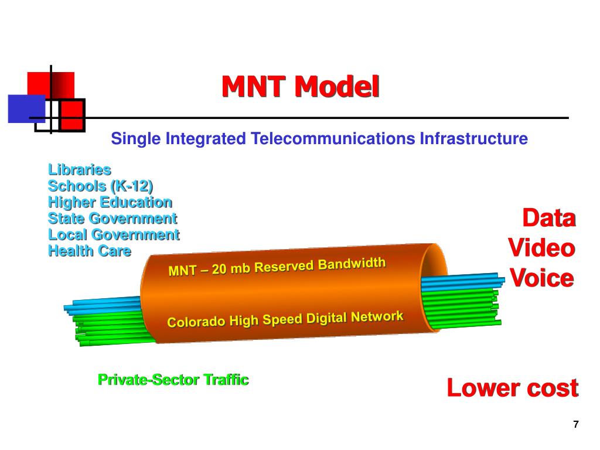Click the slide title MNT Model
300,87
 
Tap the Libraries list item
79,170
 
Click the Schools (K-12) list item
100,186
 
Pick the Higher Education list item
110,202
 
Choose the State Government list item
112,219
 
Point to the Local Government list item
113,235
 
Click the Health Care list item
89,251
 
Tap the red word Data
548,218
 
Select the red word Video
541,247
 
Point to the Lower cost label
512,387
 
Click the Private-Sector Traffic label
173,380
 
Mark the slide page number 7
576,425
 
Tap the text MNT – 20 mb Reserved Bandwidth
277,267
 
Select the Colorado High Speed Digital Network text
285,320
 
